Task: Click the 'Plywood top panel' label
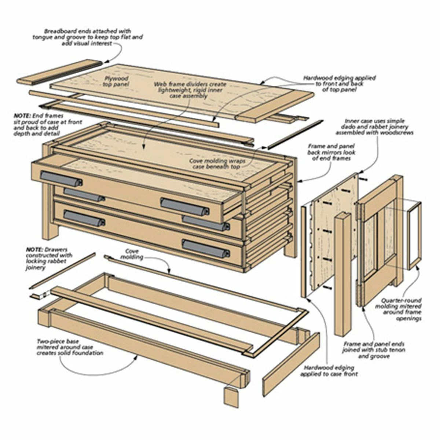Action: click(117, 82)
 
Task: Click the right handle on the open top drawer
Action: click(185, 206)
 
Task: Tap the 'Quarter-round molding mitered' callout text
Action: click(402, 309)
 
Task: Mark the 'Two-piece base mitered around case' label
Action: click(70, 347)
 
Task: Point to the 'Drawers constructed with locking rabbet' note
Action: click(49, 258)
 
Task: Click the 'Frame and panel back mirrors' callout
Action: click(331, 152)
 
